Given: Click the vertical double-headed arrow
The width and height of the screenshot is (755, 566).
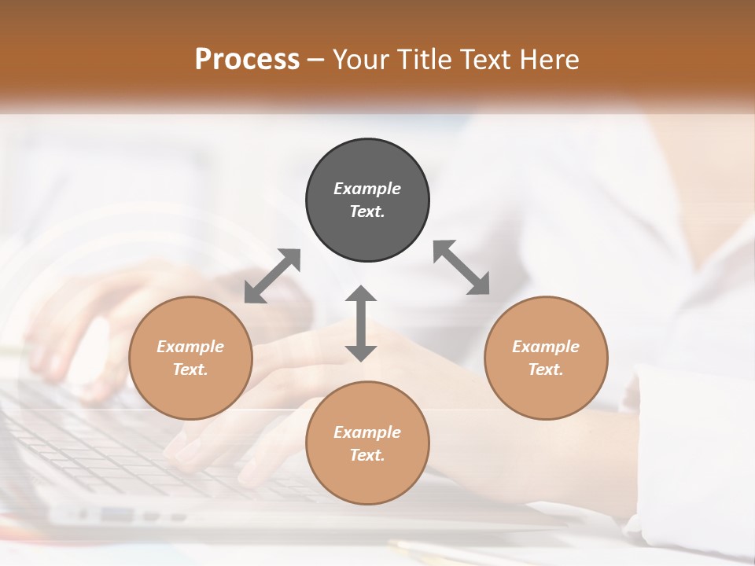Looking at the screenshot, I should (361, 323).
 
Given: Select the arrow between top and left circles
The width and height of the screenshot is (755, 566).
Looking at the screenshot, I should (272, 276).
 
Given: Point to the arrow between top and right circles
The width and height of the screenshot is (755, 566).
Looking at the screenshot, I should (462, 267).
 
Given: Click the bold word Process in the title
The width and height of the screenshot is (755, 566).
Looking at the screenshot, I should (247, 59).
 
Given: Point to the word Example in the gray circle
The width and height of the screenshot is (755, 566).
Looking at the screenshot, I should (367, 189).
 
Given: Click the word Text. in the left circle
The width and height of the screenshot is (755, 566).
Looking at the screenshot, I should (190, 369).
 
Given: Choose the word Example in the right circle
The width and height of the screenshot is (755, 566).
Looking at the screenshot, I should (546, 347).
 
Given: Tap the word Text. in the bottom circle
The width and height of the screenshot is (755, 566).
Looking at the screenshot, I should (367, 455).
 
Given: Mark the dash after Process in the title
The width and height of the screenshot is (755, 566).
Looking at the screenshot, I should (316, 60).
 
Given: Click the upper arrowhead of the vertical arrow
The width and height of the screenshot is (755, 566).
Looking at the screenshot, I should (361, 293).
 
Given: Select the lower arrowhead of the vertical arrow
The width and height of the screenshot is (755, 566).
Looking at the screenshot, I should (361, 353).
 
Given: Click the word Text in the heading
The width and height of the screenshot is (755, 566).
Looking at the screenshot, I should (487, 59).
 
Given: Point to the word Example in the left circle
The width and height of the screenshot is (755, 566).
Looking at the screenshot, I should (190, 347).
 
